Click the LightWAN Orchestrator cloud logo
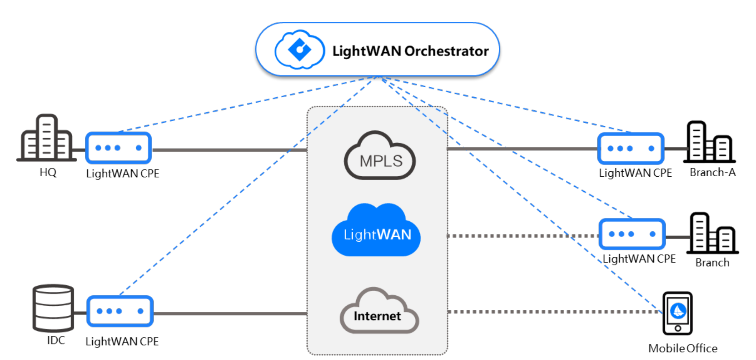pyautogui.click(x=299, y=50)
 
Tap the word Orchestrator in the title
pyautogui.click(x=446, y=51)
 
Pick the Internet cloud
pyautogui.click(x=378, y=312)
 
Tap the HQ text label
pyautogui.click(x=48, y=172)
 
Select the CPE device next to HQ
pyautogui.click(x=118, y=148)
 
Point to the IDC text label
pyautogui.click(x=56, y=340)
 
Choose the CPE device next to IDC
pyautogui.click(x=120, y=311)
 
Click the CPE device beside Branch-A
pyautogui.click(x=631, y=148)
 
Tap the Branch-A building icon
pyautogui.click(x=709, y=142)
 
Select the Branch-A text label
pyautogui.click(x=712, y=172)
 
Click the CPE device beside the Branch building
pyautogui.click(x=632, y=234)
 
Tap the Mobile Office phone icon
pyautogui.click(x=677, y=313)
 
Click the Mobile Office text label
pyautogui.click(x=682, y=348)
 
